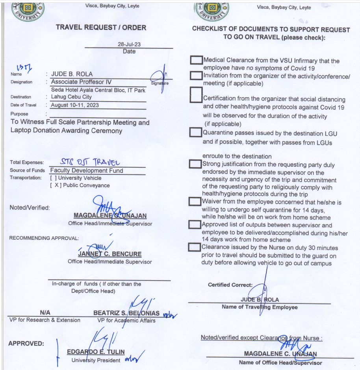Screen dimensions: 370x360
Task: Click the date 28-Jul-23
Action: click(129, 44)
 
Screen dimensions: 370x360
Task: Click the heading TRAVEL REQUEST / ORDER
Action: click(101, 28)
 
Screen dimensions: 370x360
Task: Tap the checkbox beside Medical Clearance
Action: click(196, 60)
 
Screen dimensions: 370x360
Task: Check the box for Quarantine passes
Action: click(196, 132)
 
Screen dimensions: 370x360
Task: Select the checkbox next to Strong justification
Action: click(195, 163)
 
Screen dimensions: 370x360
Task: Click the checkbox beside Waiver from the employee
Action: click(195, 201)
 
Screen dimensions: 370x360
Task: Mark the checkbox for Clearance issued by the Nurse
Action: click(194, 247)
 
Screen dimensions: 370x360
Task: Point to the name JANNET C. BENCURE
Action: click(109, 254)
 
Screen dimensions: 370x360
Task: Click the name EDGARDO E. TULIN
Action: click(96, 351)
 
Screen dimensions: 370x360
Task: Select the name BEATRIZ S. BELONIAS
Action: click(126, 313)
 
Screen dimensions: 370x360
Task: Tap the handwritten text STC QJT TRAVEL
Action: click(90, 162)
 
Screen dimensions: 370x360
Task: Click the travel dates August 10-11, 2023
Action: click(75, 105)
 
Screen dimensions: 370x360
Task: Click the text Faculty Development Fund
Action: click(87, 170)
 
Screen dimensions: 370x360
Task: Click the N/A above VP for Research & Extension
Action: click(45, 313)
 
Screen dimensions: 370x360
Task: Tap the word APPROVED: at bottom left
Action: click(26, 344)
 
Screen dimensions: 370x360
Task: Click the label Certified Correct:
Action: click(230, 285)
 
